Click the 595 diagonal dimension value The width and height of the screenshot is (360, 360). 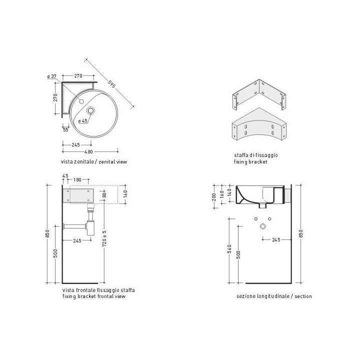coord(111,84)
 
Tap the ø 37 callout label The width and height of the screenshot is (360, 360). coord(51,76)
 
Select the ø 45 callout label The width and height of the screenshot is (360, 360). coord(82,121)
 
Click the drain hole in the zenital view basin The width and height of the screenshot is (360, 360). coord(90,110)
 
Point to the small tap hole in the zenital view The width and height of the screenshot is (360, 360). coord(81,101)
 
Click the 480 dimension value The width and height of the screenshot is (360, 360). coord(88,152)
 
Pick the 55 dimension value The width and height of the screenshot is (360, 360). coord(65,129)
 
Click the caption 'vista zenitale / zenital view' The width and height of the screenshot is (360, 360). coord(94,161)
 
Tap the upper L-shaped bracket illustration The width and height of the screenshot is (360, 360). coord(259,94)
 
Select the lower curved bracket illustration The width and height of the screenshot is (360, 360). coord(259,124)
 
